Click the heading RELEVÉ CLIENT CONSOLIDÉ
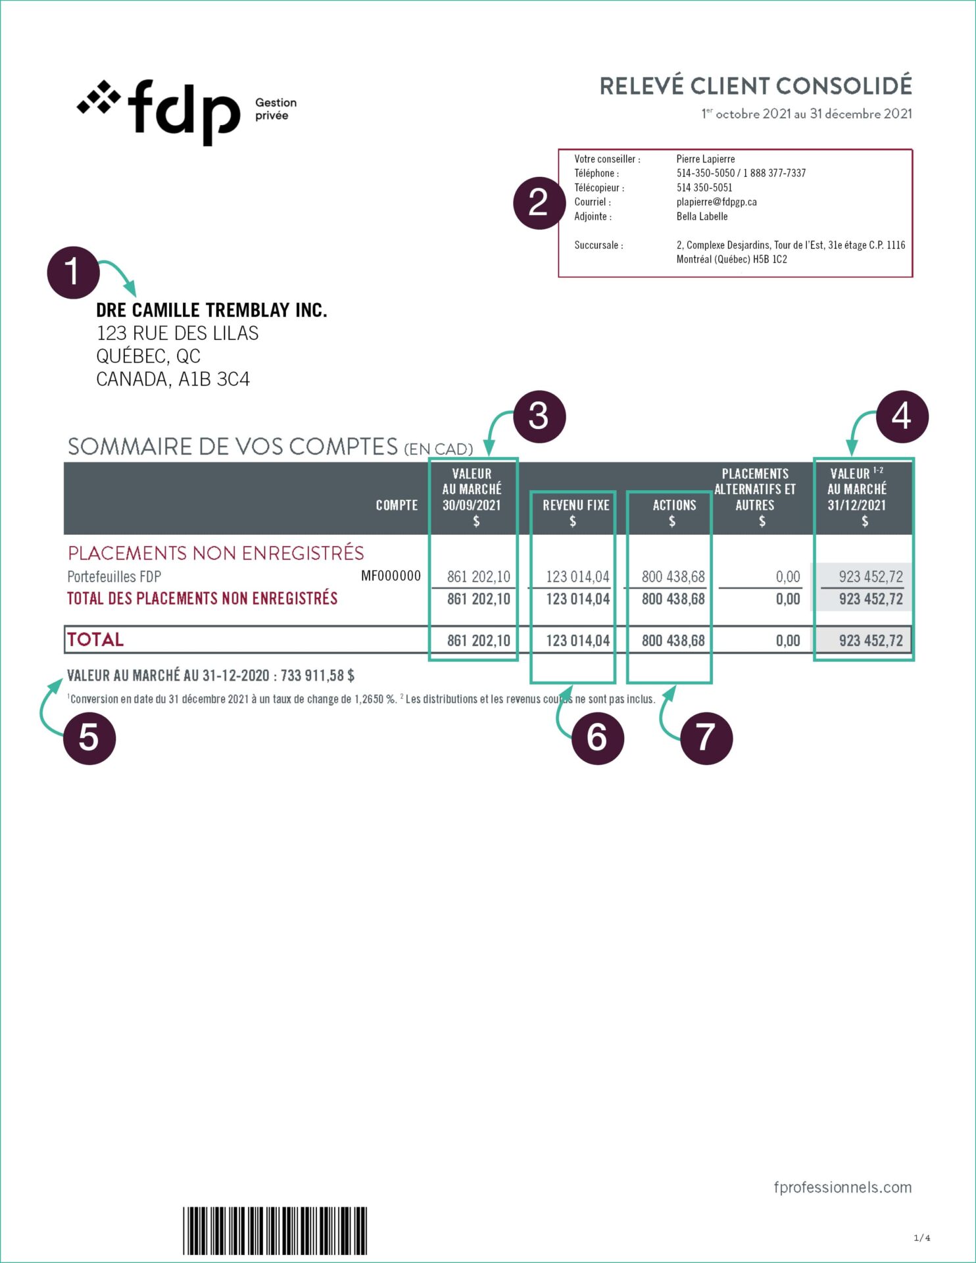point(755,86)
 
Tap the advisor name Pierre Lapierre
point(705,159)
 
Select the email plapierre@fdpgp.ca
point(716,202)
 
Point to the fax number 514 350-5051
point(704,187)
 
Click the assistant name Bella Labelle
point(702,216)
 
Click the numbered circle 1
point(73,272)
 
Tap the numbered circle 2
point(539,203)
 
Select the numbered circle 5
point(89,737)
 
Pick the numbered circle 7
point(706,737)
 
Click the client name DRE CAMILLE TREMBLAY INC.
point(211,310)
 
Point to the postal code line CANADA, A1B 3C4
point(172,380)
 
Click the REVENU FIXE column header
point(575,505)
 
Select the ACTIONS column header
point(674,505)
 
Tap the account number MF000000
point(391,576)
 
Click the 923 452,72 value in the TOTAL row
point(871,641)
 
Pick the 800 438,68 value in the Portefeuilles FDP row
point(673,577)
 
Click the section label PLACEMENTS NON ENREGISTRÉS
point(216,553)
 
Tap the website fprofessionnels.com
point(842,1187)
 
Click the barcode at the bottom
point(274,1231)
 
